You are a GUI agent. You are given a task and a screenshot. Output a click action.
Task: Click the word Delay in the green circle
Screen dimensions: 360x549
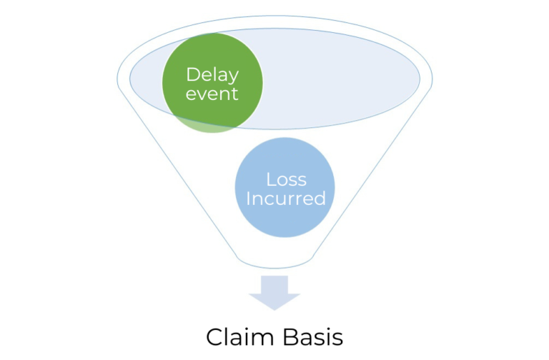[212, 74]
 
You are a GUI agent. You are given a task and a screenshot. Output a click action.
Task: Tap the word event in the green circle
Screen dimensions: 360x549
[212, 94]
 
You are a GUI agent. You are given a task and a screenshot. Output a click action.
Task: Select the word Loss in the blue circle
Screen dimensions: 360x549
[286, 179]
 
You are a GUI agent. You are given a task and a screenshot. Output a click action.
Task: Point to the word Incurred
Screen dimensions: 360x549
[286, 199]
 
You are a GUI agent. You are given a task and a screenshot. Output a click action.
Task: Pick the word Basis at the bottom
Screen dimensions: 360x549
[311, 336]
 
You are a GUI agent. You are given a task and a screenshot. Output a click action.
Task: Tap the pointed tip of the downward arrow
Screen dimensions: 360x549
[274, 309]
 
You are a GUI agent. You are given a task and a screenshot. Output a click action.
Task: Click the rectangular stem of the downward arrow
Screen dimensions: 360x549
[274, 284]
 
